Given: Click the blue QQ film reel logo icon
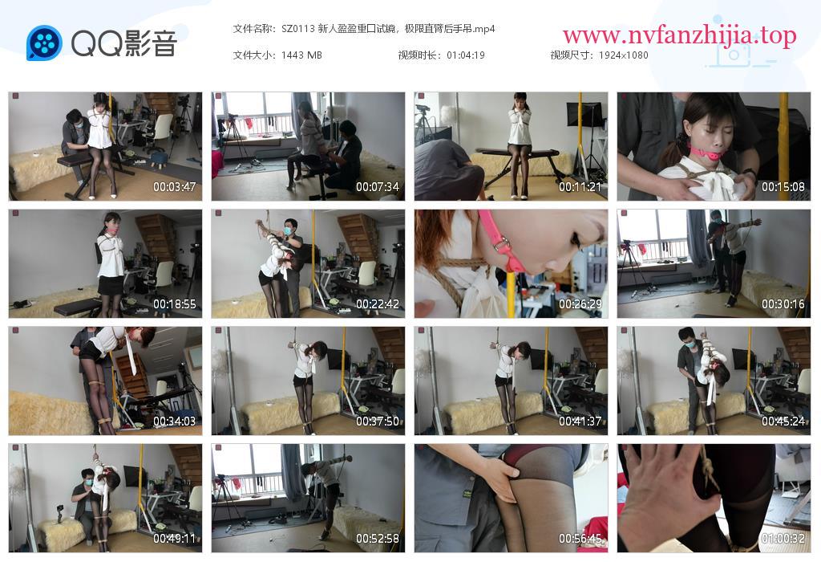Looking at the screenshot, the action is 44,43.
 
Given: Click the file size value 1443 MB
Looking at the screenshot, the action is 301,55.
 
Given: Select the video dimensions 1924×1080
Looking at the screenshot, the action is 623,55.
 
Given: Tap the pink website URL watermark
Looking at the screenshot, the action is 680,35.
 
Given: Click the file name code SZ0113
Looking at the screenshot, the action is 298,29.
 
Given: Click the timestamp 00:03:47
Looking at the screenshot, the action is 174,186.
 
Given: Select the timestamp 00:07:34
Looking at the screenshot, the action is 378,186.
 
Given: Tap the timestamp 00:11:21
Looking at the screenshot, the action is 580,186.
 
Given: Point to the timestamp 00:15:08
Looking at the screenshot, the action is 783,186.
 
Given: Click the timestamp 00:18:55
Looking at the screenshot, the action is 174,304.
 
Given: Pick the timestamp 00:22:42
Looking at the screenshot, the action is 378,304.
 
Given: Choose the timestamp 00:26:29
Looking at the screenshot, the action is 580,304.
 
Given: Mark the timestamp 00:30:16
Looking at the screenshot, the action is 783,304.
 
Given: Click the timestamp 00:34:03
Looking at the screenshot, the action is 174,421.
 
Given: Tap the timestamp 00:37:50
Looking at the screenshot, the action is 378,421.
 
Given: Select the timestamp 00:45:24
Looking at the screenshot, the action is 783,421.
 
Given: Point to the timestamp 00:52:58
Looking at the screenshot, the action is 378,539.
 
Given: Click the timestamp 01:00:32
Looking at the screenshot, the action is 783,539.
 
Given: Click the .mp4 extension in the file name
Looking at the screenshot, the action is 483,30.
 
